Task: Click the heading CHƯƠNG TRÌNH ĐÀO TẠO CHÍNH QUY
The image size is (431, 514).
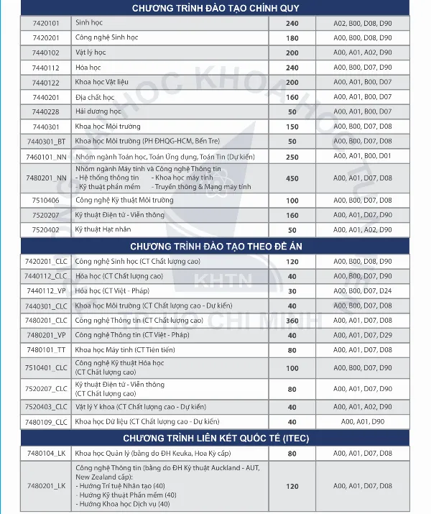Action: pyautogui.click(x=215, y=8)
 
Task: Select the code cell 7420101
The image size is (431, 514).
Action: pyautogui.click(x=46, y=23)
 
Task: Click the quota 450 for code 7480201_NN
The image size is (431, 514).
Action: pyautogui.click(x=292, y=178)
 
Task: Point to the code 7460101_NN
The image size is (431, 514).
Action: pyautogui.click(x=46, y=156)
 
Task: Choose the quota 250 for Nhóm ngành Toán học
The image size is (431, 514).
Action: pyautogui.click(x=292, y=156)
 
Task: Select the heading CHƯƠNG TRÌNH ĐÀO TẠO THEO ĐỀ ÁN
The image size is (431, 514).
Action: pyautogui.click(x=215, y=246)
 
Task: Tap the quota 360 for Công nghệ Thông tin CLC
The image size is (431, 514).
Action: pyautogui.click(x=292, y=321)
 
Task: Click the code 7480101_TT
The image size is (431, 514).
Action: pyautogui.click(x=46, y=350)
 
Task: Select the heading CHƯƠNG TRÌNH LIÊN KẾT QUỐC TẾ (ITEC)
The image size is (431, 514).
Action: pyautogui.click(x=215, y=438)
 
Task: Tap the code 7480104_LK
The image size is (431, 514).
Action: pyautogui.click(x=46, y=454)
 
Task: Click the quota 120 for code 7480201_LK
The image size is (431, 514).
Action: pyautogui.click(x=292, y=486)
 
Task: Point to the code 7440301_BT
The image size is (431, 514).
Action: pyautogui.click(x=46, y=141)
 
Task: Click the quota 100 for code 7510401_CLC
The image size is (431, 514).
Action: pyautogui.click(x=292, y=368)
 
